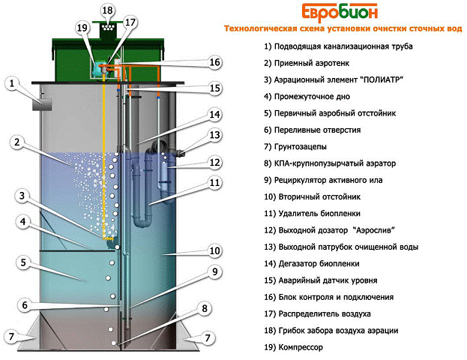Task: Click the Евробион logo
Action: pyautogui.click(x=340, y=12)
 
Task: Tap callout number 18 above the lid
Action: pyautogui.click(x=107, y=10)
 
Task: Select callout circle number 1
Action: pyautogui.click(x=12, y=83)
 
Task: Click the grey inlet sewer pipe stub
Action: pyautogui.click(x=42, y=104)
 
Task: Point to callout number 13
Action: pyautogui.click(x=214, y=135)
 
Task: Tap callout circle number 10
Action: pyautogui.click(x=214, y=251)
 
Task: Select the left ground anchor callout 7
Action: pyautogui.click(x=11, y=337)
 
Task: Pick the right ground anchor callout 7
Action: pyautogui.click(x=208, y=337)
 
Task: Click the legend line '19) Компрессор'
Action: pyautogui.click(x=293, y=347)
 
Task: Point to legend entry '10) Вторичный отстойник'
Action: pyautogui.click(x=312, y=196)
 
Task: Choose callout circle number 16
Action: pyautogui.click(x=214, y=62)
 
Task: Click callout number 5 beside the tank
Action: pyautogui.click(x=23, y=262)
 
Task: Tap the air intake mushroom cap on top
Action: pyautogui.click(x=107, y=28)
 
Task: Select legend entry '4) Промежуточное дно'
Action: pyautogui.click(x=307, y=97)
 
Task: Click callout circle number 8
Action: pyautogui.click(x=205, y=308)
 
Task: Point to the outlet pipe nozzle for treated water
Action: pyautogui.click(x=181, y=153)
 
